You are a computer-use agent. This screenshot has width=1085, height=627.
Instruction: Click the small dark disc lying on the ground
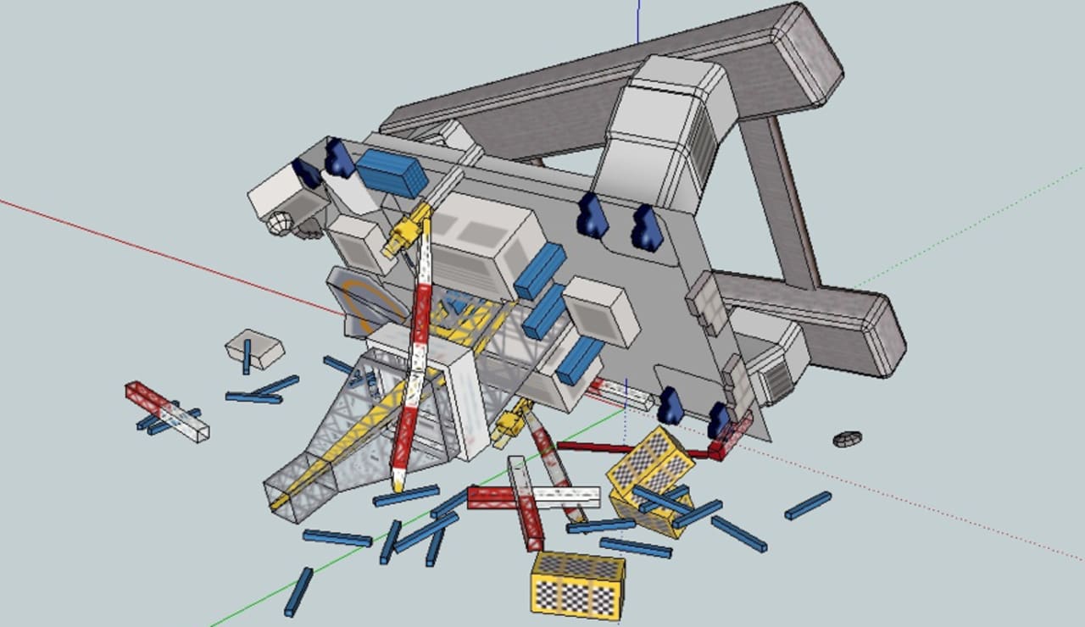[847, 439]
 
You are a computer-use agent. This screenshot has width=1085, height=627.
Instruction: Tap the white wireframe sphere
[280, 224]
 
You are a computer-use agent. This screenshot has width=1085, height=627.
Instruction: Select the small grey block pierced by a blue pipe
[254, 347]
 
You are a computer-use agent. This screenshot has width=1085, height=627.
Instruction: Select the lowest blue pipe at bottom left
[298, 591]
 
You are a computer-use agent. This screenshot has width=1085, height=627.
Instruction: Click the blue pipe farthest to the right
[807, 506]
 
